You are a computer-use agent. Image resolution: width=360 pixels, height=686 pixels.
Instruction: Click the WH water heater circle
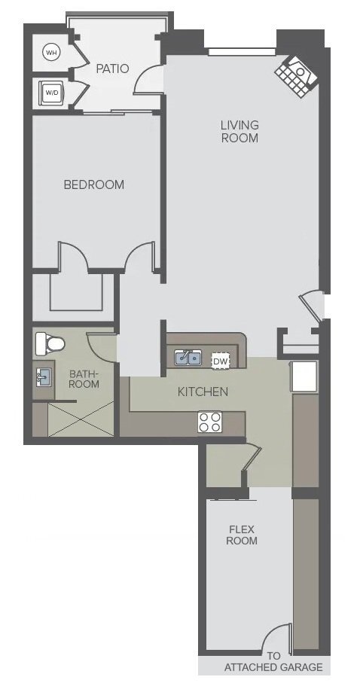tap(51, 53)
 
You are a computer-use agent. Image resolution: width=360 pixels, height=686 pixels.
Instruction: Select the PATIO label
tap(112, 69)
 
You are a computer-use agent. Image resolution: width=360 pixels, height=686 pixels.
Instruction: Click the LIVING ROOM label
tap(239, 131)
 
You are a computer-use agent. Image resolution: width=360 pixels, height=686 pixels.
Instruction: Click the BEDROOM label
tap(94, 184)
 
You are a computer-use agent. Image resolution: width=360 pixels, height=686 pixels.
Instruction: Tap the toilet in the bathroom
tap(50, 344)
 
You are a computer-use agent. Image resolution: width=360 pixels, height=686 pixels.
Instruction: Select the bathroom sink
tap(43, 377)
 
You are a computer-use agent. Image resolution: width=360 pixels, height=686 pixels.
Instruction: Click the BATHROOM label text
tap(84, 379)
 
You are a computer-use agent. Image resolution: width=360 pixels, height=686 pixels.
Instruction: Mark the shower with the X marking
tap(81, 419)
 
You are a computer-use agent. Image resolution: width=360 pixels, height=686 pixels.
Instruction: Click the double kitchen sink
tap(188, 358)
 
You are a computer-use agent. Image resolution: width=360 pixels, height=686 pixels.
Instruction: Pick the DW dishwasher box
tap(221, 361)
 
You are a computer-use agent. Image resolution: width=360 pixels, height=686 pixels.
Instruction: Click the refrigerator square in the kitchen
tap(304, 377)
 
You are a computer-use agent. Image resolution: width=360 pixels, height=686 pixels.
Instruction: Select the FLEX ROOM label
tap(241, 535)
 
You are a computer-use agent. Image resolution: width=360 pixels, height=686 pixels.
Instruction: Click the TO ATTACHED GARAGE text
tap(273, 662)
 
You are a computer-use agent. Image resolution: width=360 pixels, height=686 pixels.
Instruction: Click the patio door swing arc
tap(145, 77)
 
